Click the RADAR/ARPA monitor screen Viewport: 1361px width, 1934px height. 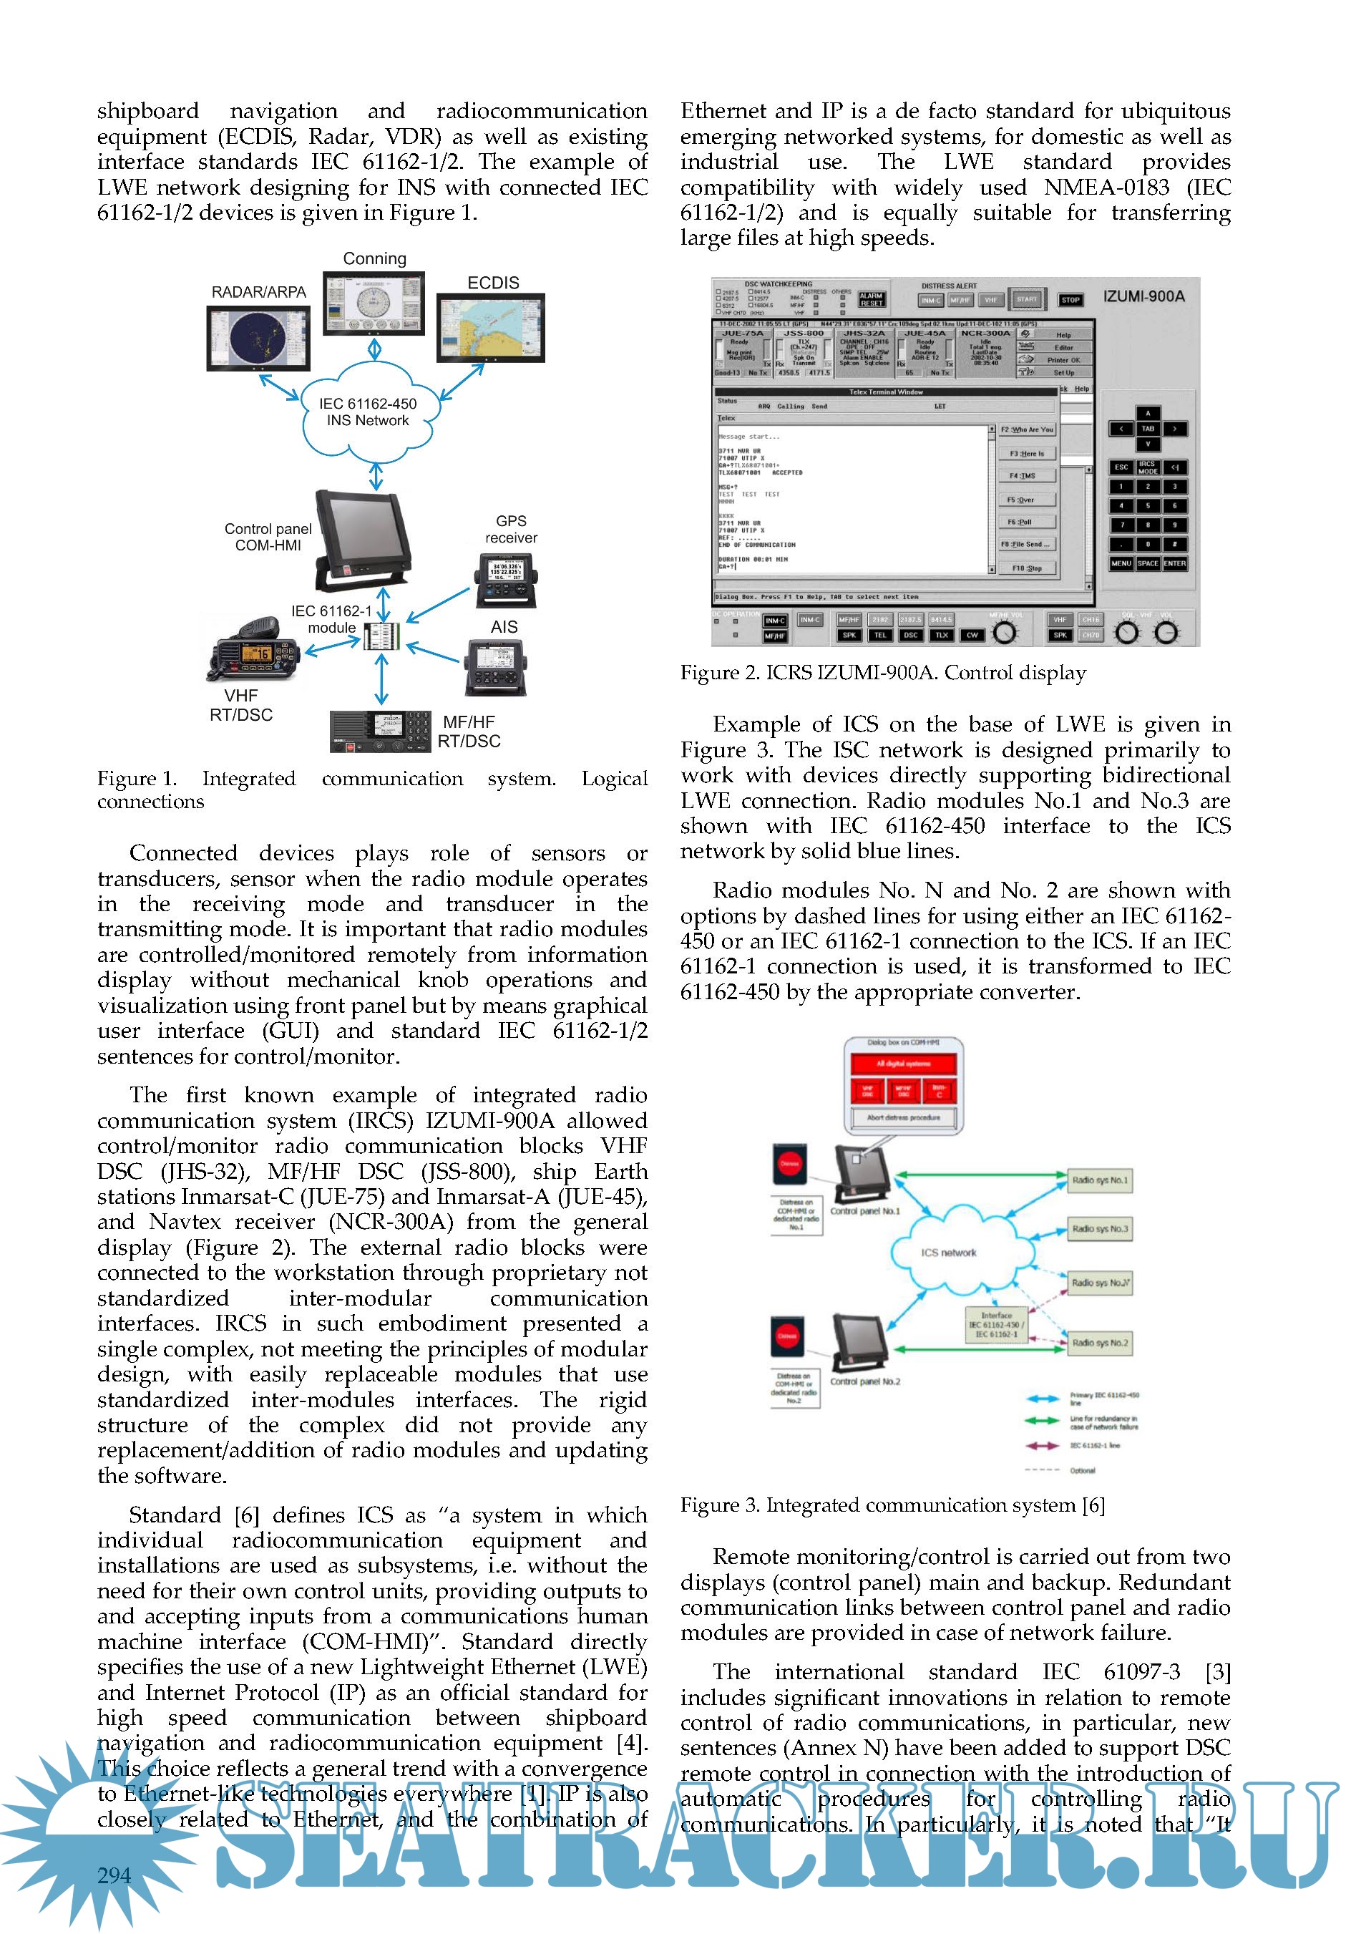click(258, 337)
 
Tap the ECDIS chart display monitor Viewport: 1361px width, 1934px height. click(490, 328)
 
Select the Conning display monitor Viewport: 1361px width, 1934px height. click(374, 303)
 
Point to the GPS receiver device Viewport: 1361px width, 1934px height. click(505, 580)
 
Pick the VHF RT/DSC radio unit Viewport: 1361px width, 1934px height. click(253, 651)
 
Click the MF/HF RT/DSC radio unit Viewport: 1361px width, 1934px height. click(380, 730)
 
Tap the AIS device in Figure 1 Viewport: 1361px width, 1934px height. click(497, 666)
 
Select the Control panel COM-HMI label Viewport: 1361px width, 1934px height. click(268, 537)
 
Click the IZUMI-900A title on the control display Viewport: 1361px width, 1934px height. click(1143, 296)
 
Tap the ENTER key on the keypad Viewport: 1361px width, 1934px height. click(1174, 563)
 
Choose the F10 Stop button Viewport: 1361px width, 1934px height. click(1027, 568)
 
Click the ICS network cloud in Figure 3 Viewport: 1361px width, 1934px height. click(948, 1253)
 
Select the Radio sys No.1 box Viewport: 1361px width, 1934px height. click(1099, 1180)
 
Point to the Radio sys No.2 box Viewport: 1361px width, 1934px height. click(1099, 1343)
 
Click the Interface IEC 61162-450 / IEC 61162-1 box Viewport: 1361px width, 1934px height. click(996, 1325)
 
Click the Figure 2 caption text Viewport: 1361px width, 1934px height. click(882, 672)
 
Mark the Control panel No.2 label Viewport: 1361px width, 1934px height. click(865, 1381)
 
